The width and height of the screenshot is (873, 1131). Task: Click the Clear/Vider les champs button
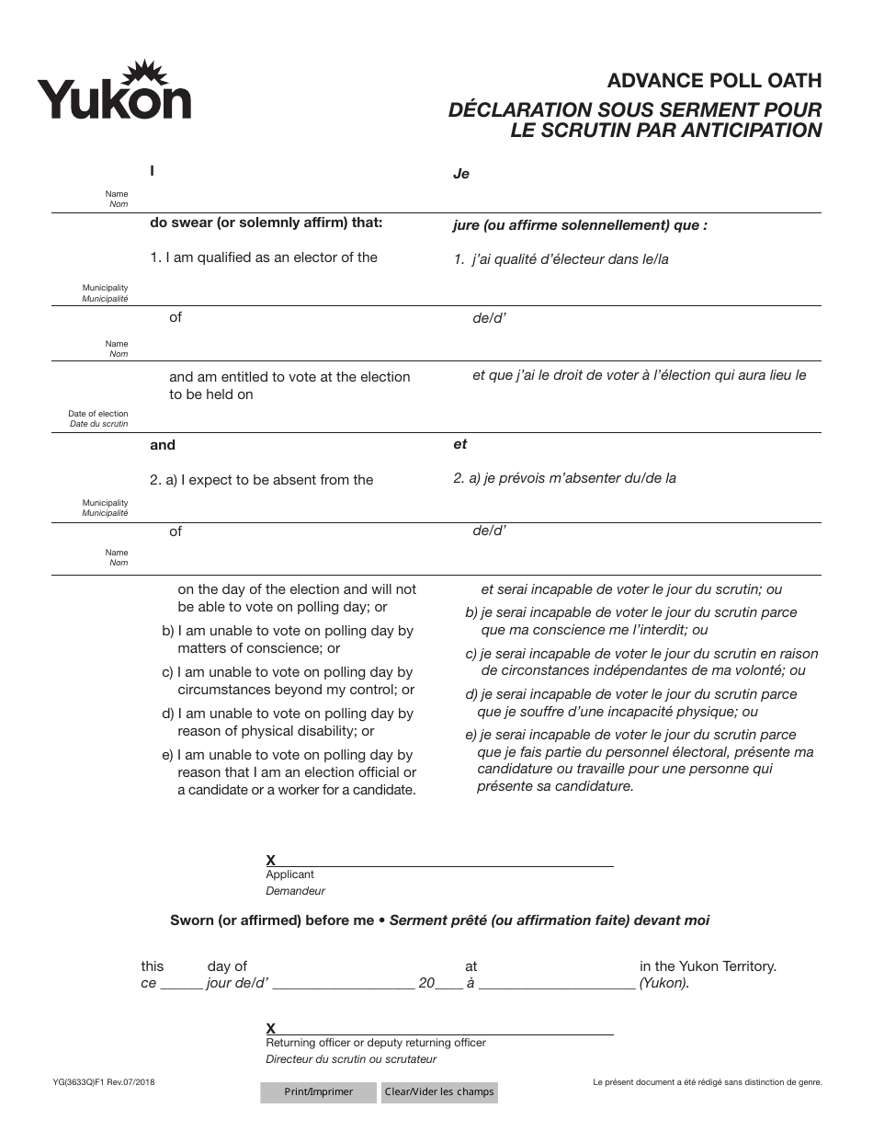pyautogui.click(x=438, y=1092)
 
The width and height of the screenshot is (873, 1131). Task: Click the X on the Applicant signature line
pyautogui.click(x=271, y=861)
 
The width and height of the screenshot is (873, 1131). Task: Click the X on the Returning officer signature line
pyautogui.click(x=271, y=1028)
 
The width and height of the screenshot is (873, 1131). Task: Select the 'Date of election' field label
pyautogui.click(x=98, y=414)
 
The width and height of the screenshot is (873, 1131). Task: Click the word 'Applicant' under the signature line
pyautogui.click(x=289, y=874)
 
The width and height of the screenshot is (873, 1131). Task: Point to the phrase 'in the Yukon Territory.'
pyautogui.click(x=708, y=966)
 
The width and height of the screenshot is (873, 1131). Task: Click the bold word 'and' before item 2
pyautogui.click(x=163, y=445)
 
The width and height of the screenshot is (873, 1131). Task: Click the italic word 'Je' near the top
pyautogui.click(x=461, y=174)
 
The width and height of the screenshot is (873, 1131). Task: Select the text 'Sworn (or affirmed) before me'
pyautogui.click(x=272, y=920)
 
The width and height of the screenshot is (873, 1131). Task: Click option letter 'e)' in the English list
pyautogui.click(x=168, y=756)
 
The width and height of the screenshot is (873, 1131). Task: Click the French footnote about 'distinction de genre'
pyautogui.click(x=707, y=1083)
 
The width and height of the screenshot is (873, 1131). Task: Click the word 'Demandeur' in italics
pyautogui.click(x=295, y=891)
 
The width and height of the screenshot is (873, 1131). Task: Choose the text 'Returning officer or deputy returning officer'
pyautogui.click(x=375, y=1043)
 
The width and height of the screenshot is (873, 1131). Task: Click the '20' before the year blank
pyautogui.click(x=426, y=983)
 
